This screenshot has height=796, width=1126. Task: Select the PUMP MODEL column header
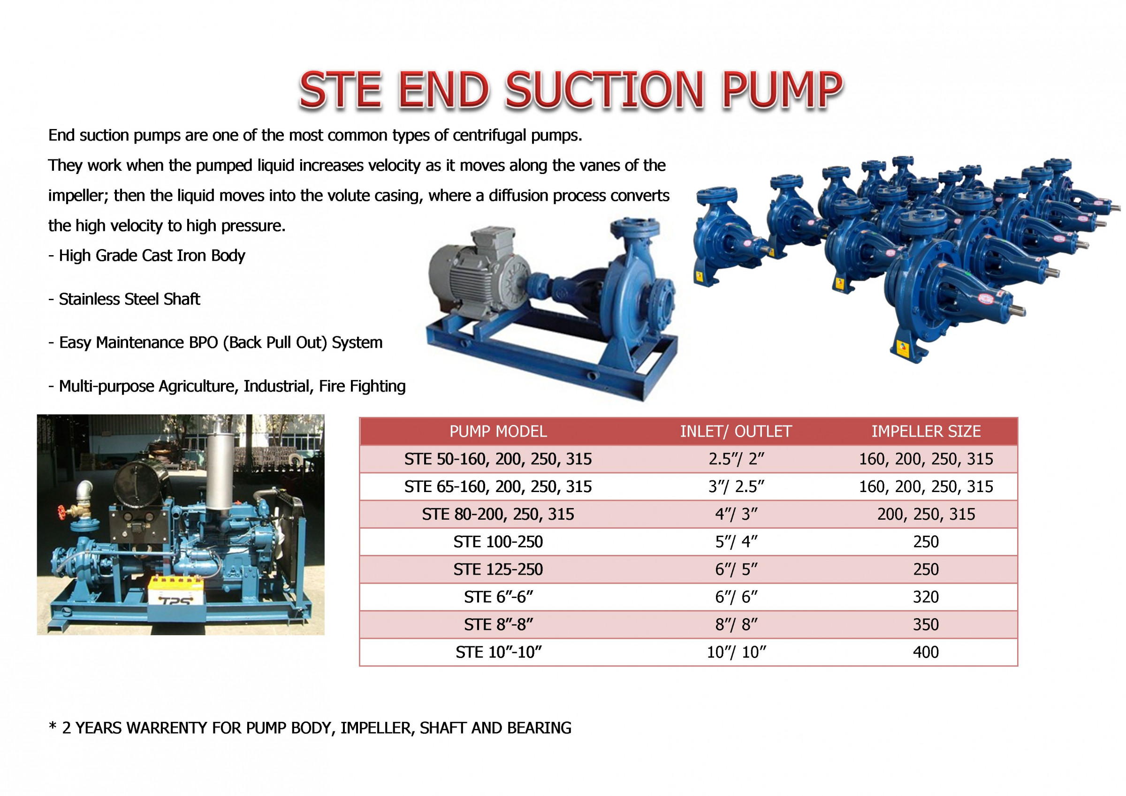coord(498,431)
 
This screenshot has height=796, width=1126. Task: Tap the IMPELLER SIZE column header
coord(925,431)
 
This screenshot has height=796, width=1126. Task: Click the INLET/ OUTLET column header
coord(736,431)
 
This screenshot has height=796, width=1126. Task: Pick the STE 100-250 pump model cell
coord(498,541)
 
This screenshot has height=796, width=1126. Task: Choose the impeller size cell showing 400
coord(925,652)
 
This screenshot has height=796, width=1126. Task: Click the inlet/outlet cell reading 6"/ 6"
coord(736,597)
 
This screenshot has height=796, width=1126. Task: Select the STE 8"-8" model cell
coord(498,624)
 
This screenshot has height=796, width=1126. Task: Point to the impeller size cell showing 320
coord(925,597)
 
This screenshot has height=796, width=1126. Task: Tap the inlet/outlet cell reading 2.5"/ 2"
coord(736,459)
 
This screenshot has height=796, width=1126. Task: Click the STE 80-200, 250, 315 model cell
coord(498,514)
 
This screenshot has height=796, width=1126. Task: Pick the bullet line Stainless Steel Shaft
coord(129,299)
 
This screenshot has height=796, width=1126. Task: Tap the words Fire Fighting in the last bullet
coord(362,386)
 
